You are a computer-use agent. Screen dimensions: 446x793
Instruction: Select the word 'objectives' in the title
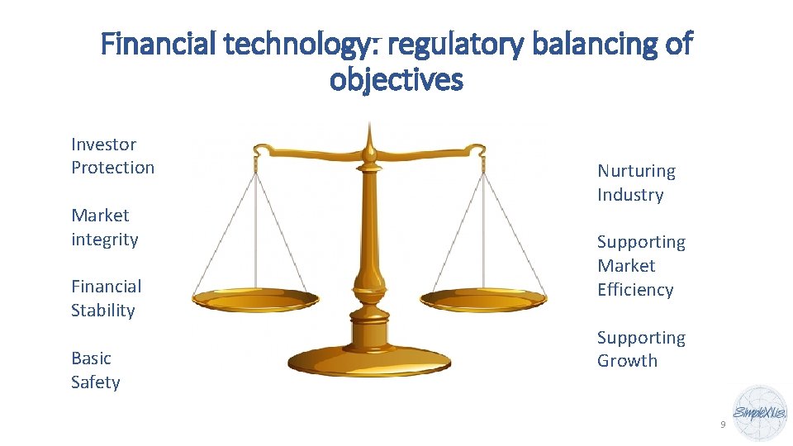(x=396, y=80)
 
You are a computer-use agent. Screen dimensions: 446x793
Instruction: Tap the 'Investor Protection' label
(x=112, y=156)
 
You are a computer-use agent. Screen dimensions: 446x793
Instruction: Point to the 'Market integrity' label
(x=105, y=227)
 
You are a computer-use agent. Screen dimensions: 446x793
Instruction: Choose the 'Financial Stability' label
(x=106, y=298)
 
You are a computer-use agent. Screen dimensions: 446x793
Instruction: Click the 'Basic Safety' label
(x=95, y=370)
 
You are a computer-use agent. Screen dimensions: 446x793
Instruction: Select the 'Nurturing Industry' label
(x=636, y=183)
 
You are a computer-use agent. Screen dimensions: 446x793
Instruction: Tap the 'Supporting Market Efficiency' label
(x=641, y=265)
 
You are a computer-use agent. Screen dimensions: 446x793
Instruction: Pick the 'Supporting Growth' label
(x=641, y=349)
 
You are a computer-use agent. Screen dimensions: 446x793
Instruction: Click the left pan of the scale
(x=255, y=299)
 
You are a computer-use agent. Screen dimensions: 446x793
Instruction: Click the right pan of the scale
(x=483, y=299)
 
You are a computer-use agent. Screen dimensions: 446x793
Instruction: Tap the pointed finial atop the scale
(x=370, y=132)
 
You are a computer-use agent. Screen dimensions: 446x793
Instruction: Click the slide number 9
(x=723, y=425)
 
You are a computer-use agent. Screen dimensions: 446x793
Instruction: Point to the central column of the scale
(x=369, y=240)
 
